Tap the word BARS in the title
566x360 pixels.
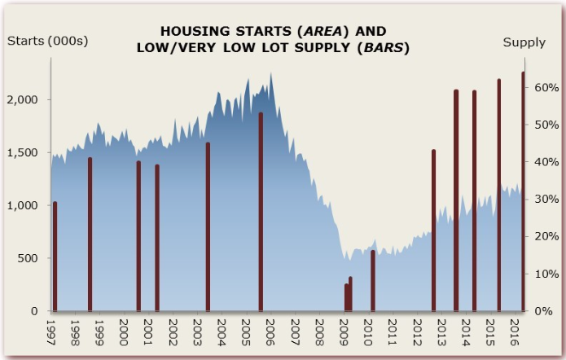(x=381, y=48)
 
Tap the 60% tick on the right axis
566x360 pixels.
(x=545, y=87)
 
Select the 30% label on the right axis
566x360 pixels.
(x=545, y=200)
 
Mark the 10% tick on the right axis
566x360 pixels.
(x=545, y=274)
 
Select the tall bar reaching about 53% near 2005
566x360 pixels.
(x=261, y=212)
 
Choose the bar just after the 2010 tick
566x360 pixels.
(x=373, y=281)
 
